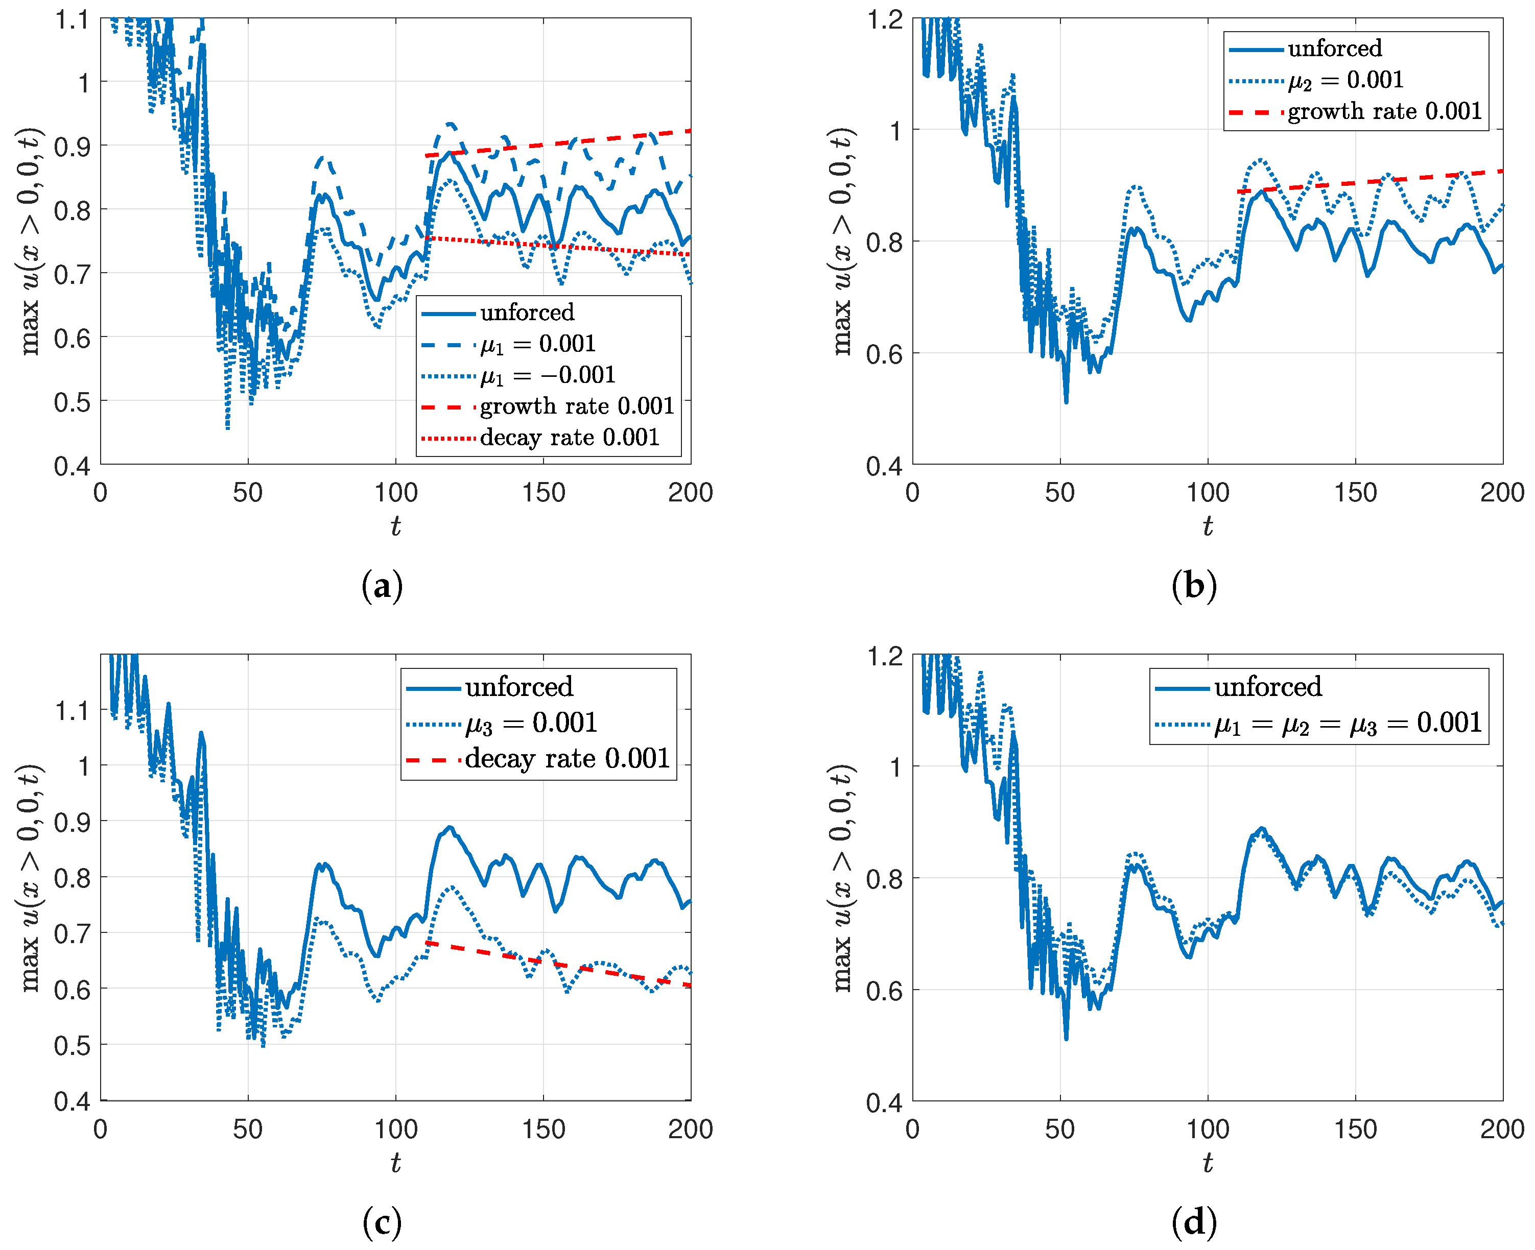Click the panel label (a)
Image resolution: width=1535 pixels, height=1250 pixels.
click(x=382, y=585)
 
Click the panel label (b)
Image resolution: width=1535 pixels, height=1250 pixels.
click(x=1194, y=585)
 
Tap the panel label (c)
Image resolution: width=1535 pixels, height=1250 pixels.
click(x=382, y=1222)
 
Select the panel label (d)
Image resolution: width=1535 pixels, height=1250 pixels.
click(x=1194, y=1222)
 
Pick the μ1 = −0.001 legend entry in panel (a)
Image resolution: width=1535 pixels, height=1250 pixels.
click(x=548, y=375)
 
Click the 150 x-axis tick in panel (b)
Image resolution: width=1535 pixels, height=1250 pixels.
click(x=1355, y=493)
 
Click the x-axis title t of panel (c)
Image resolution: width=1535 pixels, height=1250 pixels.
click(x=395, y=1162)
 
